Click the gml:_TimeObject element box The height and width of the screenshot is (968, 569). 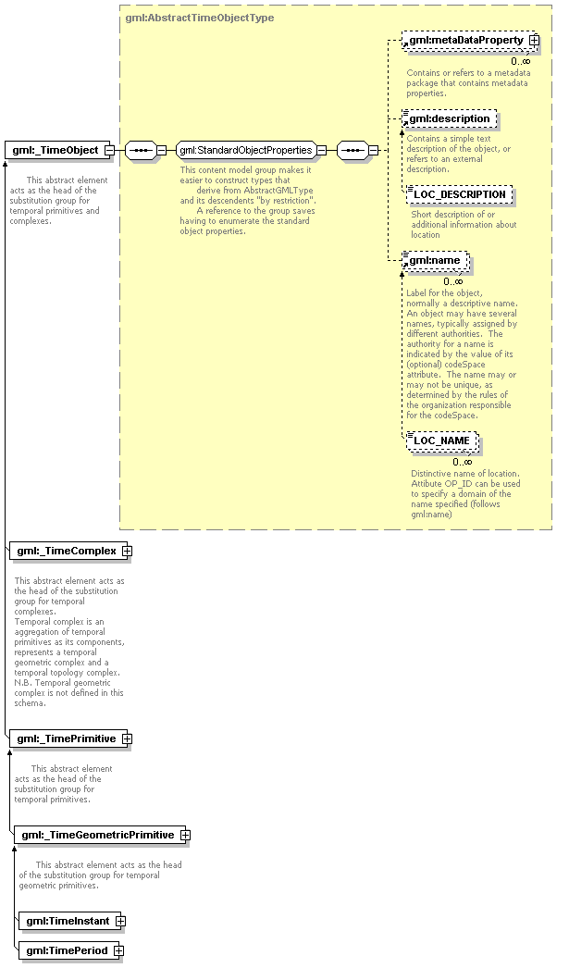(x=56, y=150)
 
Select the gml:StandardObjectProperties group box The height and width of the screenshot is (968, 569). (x=245, y=150)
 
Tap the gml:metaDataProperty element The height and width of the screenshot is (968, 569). (x=465, y=41)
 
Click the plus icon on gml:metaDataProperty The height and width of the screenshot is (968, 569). (x=534, y=41)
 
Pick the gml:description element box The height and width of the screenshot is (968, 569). (x=450, y=118)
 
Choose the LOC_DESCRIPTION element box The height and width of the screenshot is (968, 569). (x=460, y=194)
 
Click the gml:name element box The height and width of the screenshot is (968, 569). (x=435, y=261)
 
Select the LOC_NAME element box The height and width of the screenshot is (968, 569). (x=441, y=441)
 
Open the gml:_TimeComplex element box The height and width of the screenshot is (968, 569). (x=66, y=551)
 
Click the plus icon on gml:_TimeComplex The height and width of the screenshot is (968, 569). (x=128, y=551)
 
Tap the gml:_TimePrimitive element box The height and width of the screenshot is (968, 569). (x=66, y=738)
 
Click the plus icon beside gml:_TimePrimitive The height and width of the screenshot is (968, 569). (x=128, y=738)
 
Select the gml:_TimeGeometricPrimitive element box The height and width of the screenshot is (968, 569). (x=97, y=835)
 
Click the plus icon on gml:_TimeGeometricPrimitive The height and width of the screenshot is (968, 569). (x=186, y=835)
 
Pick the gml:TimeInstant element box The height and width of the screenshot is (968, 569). (x=68, y=921)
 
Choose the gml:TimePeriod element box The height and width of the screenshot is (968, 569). (x=67, y=950)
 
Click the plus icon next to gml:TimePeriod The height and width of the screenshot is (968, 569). (x=118, y=950)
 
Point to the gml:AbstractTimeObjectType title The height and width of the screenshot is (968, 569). (x=199, y=18)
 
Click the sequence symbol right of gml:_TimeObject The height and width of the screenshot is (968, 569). (x=140, y=150)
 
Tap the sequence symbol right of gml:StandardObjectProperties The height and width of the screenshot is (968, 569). (x=352, y=150)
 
